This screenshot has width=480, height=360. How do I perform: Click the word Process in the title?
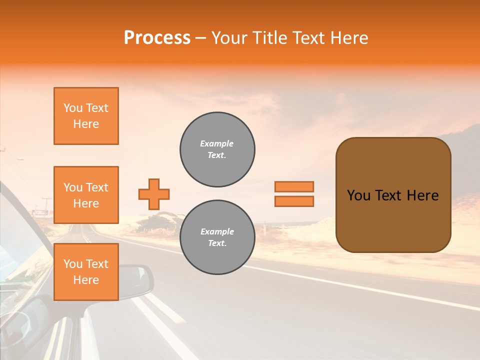point(157,38)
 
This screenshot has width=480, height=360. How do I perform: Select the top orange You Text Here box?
point(86,116)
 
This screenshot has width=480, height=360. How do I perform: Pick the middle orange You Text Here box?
point(86,195)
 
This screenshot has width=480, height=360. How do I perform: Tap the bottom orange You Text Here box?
point(86,272)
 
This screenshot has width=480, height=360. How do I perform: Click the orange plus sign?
point(154,194)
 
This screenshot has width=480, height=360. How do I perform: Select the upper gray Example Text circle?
point(217,149)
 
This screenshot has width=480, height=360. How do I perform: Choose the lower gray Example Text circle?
point(217,237)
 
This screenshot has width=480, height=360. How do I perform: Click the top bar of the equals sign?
point(294,186)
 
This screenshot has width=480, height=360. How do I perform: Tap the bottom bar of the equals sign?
point(294,201)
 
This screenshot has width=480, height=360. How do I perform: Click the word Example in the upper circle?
point(217,143)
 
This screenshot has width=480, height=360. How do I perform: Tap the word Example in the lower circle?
point(217,231)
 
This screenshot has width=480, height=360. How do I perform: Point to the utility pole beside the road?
point(46,205)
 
